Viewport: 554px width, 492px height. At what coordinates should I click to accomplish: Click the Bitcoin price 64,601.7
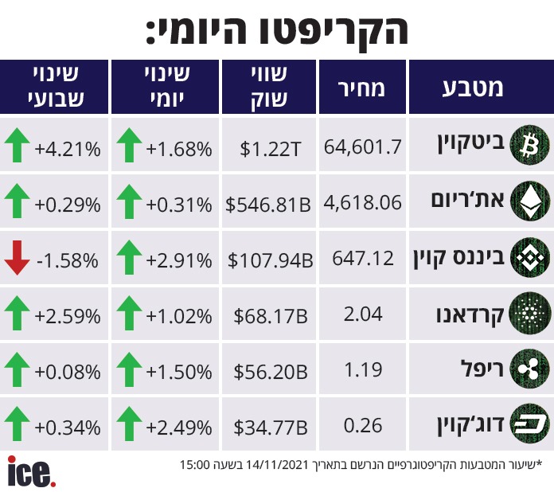362,146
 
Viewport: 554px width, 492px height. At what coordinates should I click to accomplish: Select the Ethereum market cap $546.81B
268,205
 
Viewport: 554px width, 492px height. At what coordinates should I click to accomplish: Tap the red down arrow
17,258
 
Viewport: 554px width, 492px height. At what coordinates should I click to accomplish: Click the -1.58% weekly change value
68,260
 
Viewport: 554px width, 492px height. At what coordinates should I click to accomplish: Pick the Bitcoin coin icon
529,145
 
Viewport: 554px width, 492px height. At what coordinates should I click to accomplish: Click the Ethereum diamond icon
529,201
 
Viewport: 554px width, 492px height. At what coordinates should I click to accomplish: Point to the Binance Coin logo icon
529,257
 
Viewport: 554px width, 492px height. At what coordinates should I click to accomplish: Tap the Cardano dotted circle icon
529,313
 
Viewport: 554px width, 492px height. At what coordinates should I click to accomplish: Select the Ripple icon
529,369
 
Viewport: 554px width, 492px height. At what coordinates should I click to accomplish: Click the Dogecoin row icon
529,424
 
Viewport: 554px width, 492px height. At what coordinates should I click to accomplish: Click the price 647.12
363,259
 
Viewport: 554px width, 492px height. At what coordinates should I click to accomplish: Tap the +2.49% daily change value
179,428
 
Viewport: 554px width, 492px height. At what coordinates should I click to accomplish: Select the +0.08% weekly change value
68,372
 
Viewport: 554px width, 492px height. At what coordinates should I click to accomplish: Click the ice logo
31,472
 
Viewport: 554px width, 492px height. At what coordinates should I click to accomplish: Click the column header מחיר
361,88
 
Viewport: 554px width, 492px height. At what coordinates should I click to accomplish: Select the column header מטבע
473,88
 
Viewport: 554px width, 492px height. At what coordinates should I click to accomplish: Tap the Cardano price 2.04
363,314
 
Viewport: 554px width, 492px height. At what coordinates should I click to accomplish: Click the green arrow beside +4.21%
17,145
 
